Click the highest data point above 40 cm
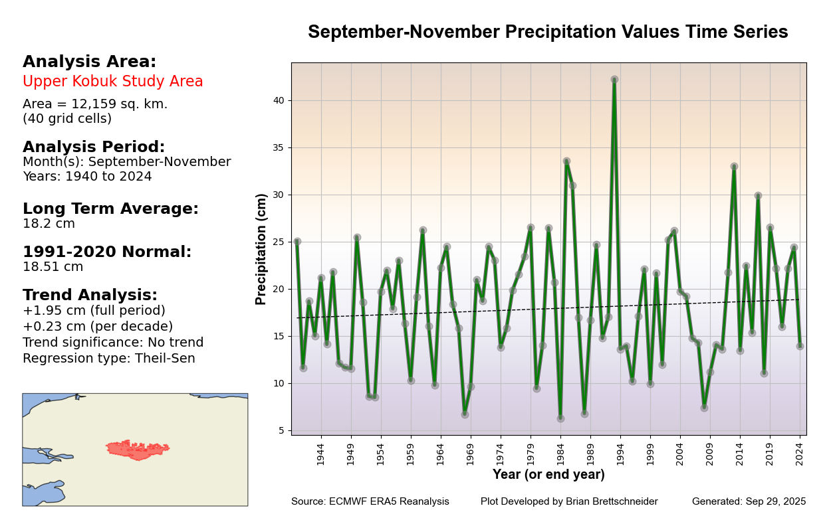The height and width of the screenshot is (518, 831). pyautogui.click(x=614, y=80)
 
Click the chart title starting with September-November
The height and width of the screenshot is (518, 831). pyautogui.click(x=548, y=32)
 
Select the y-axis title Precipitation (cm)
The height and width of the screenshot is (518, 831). pyautogui.click(x=261, y=249)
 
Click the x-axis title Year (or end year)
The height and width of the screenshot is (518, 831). pyautogui.click(x=548, y=475)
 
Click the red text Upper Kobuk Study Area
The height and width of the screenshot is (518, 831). pyautogui.click(x=113, y=82)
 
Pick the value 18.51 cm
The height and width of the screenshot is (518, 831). pyautogui.click(x=53, y=267)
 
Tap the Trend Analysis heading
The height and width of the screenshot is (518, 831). pyautogui.click(x=90, y=296)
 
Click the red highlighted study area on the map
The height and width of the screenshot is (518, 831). pyautogui.click(x=138, y=450)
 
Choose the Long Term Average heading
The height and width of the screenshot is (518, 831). pyautogui.click(x=110, y=209)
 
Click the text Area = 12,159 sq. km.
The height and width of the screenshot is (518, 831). pyautogui.click(x=95, y=104)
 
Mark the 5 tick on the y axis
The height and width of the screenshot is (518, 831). pyautogui.click(x=281, y=430)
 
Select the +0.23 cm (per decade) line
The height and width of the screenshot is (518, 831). pyautogui.click(x=98, y=327)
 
